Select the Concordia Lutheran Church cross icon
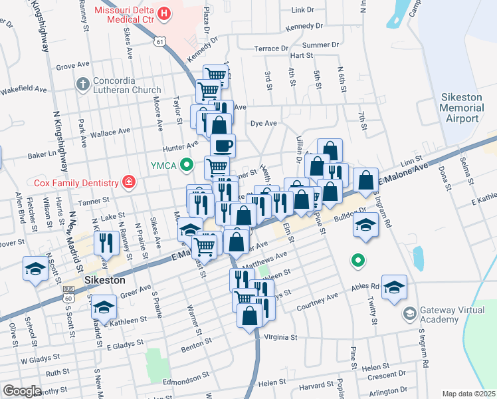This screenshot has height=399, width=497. (x=82, y=84)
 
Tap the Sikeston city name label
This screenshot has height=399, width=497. (x=105, y=281)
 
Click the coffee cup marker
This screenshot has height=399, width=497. (x=223, y=144)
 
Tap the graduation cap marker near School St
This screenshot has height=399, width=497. (x=35, y=269)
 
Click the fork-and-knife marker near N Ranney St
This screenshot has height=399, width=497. (x=106, y=242)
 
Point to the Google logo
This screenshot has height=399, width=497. (x=22, y=391)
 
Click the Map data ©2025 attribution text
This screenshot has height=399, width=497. (x=468, y=394)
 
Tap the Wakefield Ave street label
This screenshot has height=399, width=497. (x=23, y=89)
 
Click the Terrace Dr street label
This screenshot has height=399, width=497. (x=272, y=49)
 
